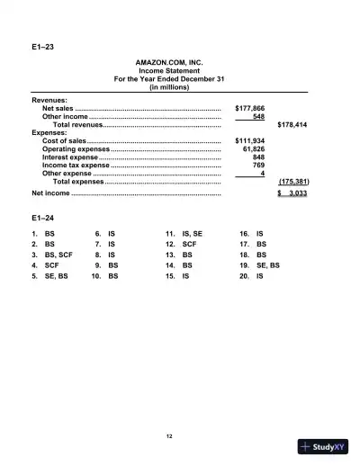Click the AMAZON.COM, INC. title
click(x=170, y=63)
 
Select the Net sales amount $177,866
click(x=249, y=107)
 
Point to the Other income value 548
click(x=258, y=116)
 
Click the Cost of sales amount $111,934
click(x=249, y=141)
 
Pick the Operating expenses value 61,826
click(x=254, y=149)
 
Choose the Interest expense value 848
click(x=258, y=157)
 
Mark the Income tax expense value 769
click(x=258, y=166)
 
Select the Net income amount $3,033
click(x=292, y=193)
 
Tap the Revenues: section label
click(x=49, y=99)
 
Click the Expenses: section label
click(x=49, y=132)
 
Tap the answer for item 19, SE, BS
click(x=268, y=266)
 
